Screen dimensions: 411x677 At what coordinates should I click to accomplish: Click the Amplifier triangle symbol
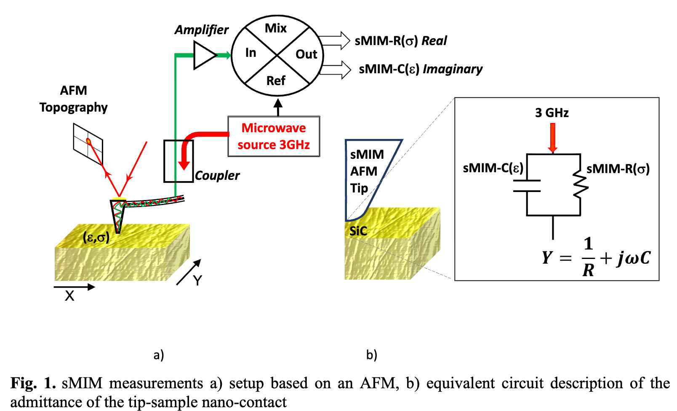204,55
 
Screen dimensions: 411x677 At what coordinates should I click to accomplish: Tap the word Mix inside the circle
276,28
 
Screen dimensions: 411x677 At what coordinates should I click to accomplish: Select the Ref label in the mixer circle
276,80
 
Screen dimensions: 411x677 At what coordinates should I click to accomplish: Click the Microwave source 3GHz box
274,136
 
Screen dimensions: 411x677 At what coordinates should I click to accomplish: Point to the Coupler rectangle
178,161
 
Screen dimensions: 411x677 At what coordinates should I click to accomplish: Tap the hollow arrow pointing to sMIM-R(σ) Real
334,41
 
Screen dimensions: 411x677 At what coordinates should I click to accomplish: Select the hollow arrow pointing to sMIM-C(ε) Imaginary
335,69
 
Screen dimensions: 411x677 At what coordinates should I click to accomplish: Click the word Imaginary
453,69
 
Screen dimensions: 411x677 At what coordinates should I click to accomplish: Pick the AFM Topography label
74,99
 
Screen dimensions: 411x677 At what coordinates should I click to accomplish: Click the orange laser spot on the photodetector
88,141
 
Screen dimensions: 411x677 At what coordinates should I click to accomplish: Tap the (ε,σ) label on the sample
96,238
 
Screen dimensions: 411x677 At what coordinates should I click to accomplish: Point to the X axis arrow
75,287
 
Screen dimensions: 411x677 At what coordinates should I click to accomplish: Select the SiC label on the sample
358,231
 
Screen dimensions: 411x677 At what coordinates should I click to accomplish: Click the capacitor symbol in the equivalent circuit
527,186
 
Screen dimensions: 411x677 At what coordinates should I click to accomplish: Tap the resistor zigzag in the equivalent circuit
581,186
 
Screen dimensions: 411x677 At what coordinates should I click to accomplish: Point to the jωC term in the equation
634,258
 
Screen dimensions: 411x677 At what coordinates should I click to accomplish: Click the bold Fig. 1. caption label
33,383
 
